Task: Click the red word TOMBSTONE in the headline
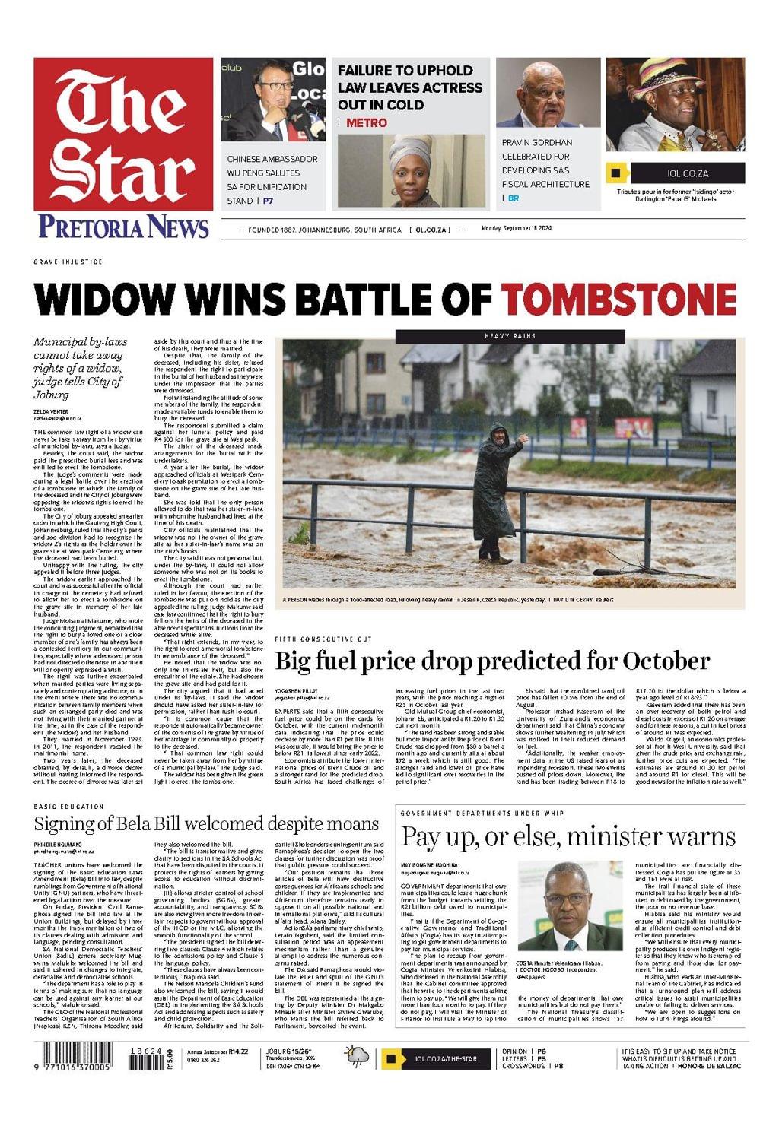coord(618,298)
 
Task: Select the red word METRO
coord(366,122)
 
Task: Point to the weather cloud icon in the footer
coord(357,1057)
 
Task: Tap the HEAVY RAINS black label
coord(510,335)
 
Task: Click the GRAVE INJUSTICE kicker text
coord(68,262)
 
